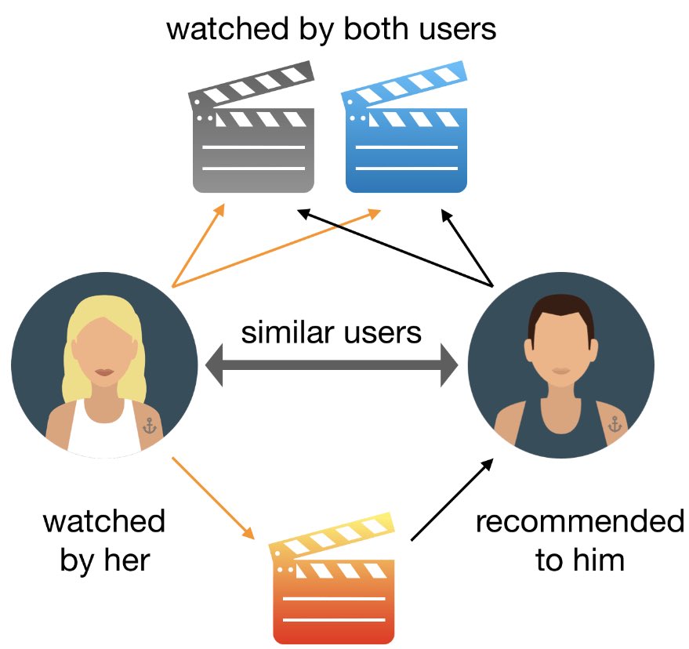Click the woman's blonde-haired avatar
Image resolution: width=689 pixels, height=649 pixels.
point(104,365)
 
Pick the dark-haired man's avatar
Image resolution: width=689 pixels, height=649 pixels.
point(560,368)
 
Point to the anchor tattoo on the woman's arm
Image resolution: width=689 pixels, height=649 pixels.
point(150,426)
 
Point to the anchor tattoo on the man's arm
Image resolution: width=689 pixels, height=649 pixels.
point(615,425)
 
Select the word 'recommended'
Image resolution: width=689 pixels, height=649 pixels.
point(579,521)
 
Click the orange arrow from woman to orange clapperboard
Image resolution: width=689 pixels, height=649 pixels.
point(213,498)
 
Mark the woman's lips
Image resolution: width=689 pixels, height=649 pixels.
point(104,372)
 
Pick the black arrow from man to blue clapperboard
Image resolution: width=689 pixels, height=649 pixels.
point(468,247)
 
